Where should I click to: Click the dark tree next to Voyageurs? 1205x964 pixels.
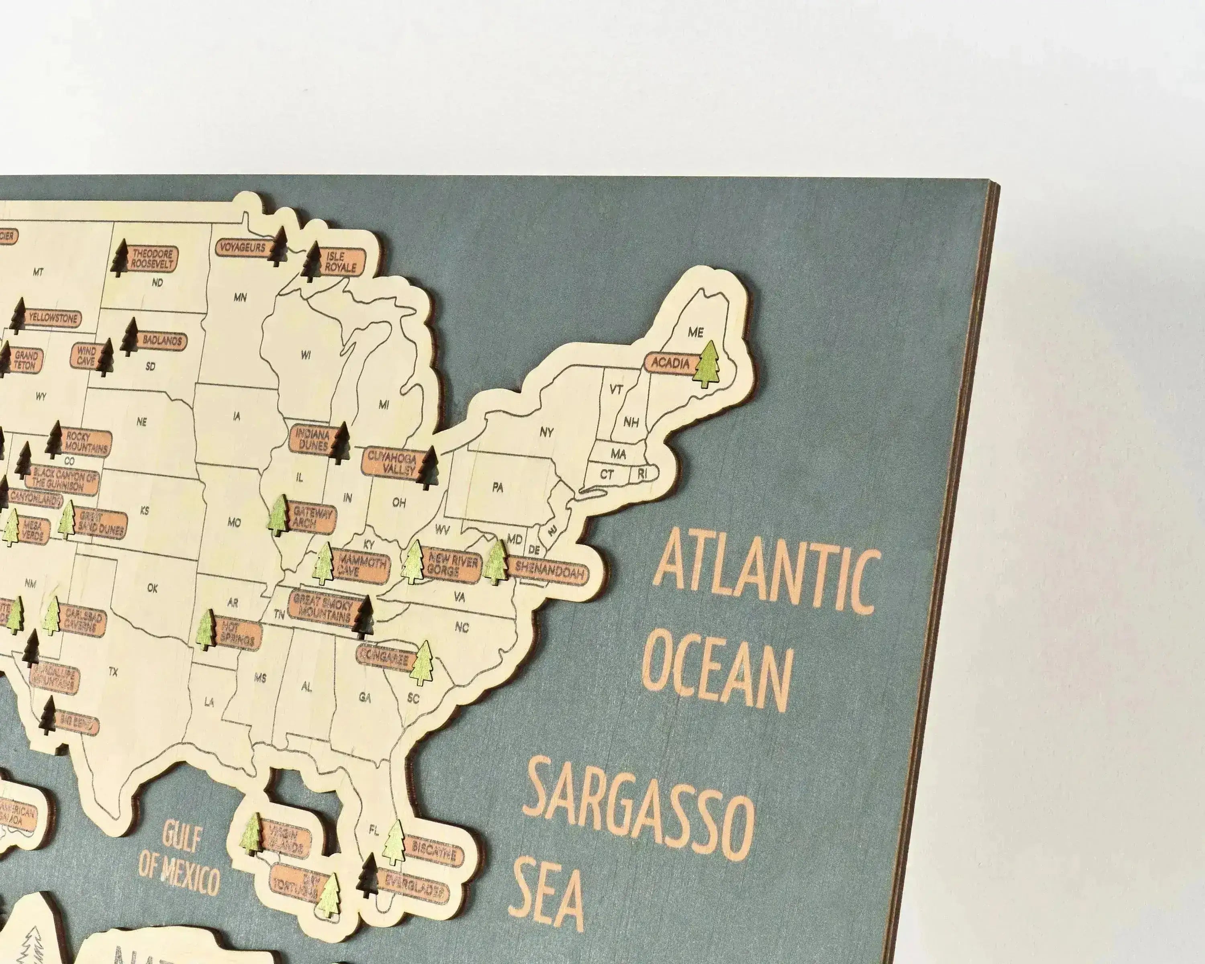(277, 247)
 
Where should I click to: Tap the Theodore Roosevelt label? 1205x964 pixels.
(151, 258)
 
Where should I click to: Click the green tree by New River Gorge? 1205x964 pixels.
(414, 561)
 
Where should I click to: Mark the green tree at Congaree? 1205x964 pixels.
(422, 663)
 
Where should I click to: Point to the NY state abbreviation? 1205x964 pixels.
(547, 432)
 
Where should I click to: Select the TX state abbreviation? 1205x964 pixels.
(113, 672)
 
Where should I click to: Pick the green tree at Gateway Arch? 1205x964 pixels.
(278, 515)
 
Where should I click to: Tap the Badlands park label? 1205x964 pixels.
(162, 340)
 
